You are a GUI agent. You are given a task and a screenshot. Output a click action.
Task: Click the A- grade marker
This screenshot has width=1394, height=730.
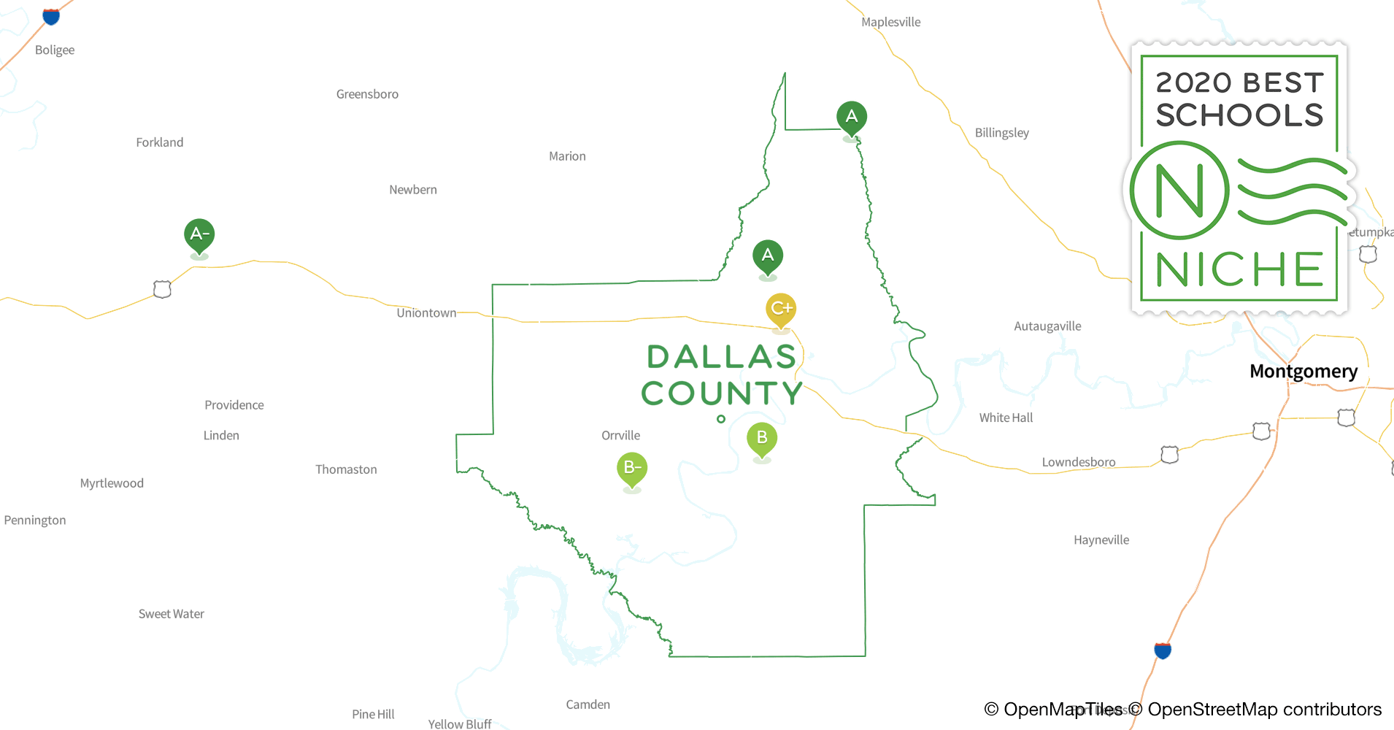pyautogui.click(x=199, y=234)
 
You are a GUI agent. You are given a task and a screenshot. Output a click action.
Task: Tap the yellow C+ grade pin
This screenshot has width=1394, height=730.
pyautogui.click(x=781, y=309)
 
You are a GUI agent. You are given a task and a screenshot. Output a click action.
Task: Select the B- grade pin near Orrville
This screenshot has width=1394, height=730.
pyautogui.click(x=632, y=468)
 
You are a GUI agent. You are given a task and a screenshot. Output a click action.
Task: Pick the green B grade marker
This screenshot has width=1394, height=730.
pyautogui.click(x=762, y=438)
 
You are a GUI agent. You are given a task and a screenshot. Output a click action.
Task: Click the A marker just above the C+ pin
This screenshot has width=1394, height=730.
pyautogui.click(x=768, y=255)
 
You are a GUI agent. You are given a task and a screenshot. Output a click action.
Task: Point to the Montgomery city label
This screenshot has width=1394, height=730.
pyautogui.click(x=1303, y=371)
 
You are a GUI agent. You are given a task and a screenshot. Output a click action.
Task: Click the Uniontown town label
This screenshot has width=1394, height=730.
pyautogui.click(x=426, y=313)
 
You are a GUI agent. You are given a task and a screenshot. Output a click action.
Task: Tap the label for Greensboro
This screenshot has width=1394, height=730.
pyautogui.click(x=367, y=94)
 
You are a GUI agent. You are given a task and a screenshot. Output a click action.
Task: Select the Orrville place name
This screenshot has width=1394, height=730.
pyautogui.click(x=620, y=436)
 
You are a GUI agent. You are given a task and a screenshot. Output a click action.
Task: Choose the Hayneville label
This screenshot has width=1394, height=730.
pyautogui.click(x=1101, y=540)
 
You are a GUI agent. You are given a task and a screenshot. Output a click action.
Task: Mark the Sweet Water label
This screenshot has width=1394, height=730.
pyautogui.click(x=172, y=614)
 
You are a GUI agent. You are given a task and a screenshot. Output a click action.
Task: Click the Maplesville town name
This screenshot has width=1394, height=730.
pyautogui.click(x=890, y=23)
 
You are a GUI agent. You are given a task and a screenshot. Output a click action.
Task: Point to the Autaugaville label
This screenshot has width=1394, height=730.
pyautogui.click(x=1047, y=326)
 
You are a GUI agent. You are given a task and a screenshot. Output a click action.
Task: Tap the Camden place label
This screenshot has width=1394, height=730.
pyautogui.click(x=588, y=704)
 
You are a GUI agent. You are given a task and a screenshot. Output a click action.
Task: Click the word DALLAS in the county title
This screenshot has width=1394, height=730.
pyautogui.click(x=721, y=357)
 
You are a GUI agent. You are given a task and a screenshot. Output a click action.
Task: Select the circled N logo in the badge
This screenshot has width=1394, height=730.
pyautogui.click(x=1179, y=191)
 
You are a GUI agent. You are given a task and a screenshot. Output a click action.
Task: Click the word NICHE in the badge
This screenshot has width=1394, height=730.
pyautogui.click(x=1239, y=270)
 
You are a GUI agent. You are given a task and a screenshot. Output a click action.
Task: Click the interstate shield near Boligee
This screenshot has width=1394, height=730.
pyautogui.click(x=51, y=16)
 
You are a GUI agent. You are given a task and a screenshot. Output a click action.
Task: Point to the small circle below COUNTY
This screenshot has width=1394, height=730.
pyautogui.click(x=721, y=419)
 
